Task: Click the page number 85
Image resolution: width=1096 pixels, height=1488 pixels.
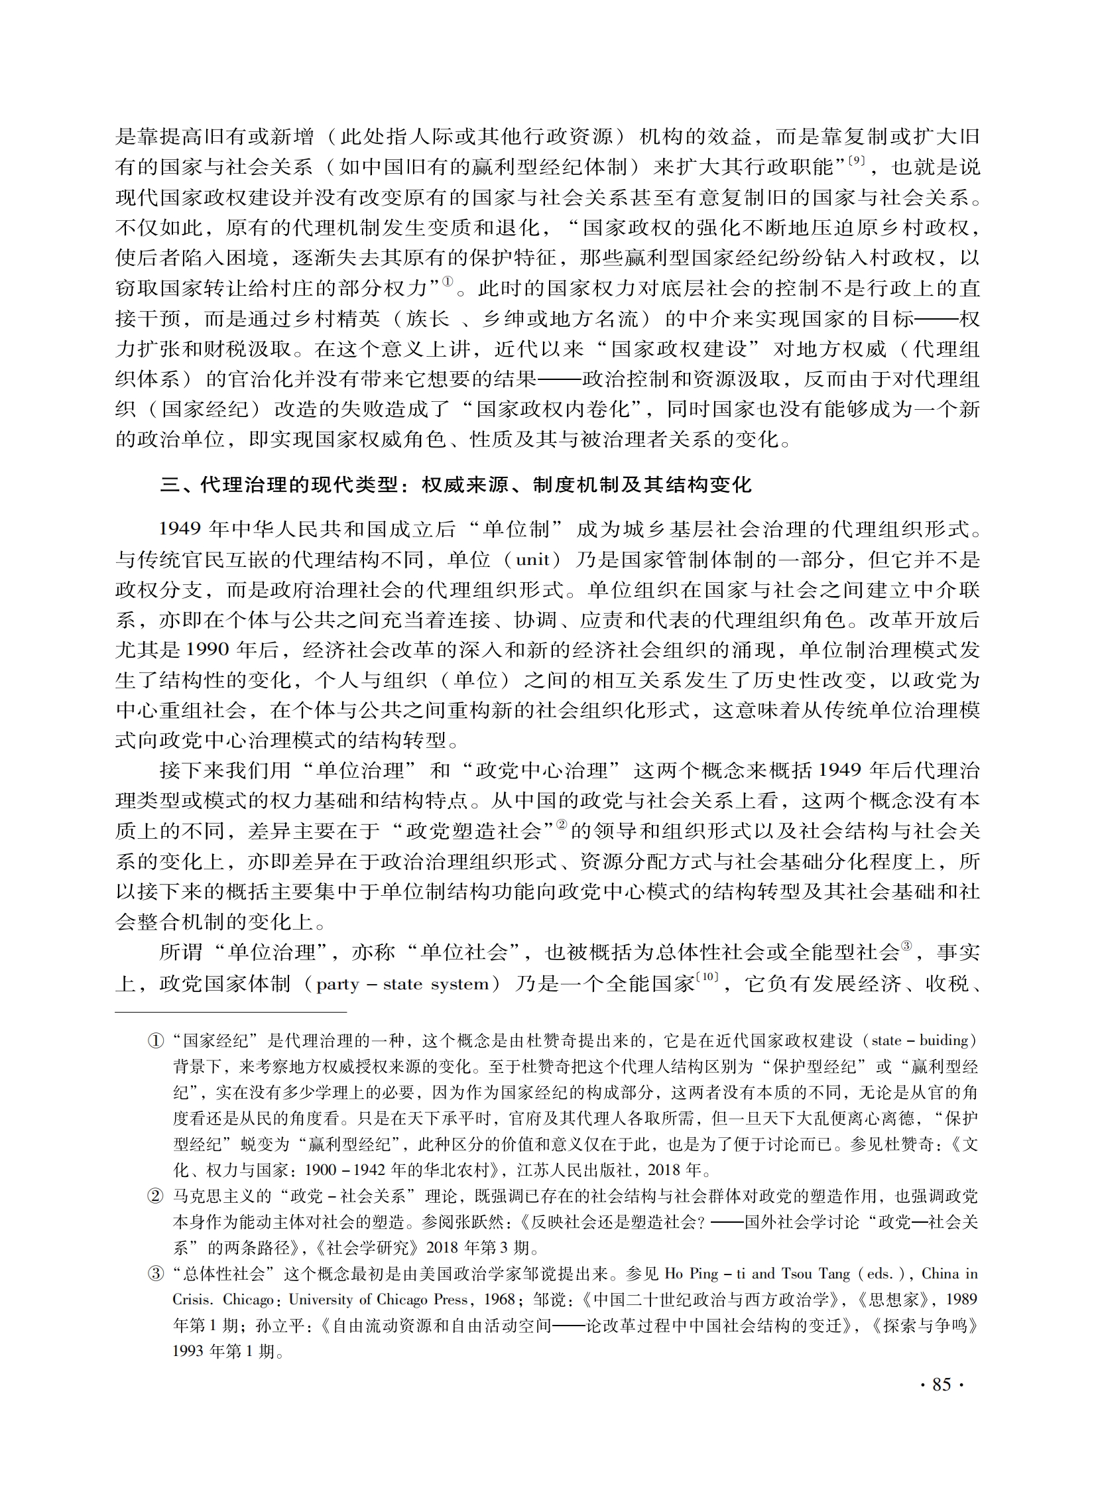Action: click(942, 1384)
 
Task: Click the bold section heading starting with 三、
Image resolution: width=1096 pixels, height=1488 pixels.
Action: click(455, 485)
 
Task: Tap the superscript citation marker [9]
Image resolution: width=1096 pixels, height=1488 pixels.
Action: click(857, 160)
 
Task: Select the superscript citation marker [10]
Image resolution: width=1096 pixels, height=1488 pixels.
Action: click(707, 977)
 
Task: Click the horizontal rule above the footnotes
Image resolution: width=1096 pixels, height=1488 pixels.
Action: click(231, 1013)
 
